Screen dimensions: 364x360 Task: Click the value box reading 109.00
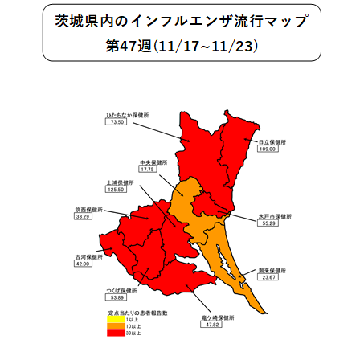tap(268, 149)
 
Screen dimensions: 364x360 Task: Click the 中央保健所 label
tap(153, 162)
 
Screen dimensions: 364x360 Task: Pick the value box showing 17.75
tap(148, 170)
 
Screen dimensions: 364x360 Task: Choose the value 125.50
tap(117, 190)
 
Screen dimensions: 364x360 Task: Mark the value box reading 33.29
tap(83, 217)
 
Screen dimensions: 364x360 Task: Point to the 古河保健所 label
tap(88, 256)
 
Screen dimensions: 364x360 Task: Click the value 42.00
tap(83, 264)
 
